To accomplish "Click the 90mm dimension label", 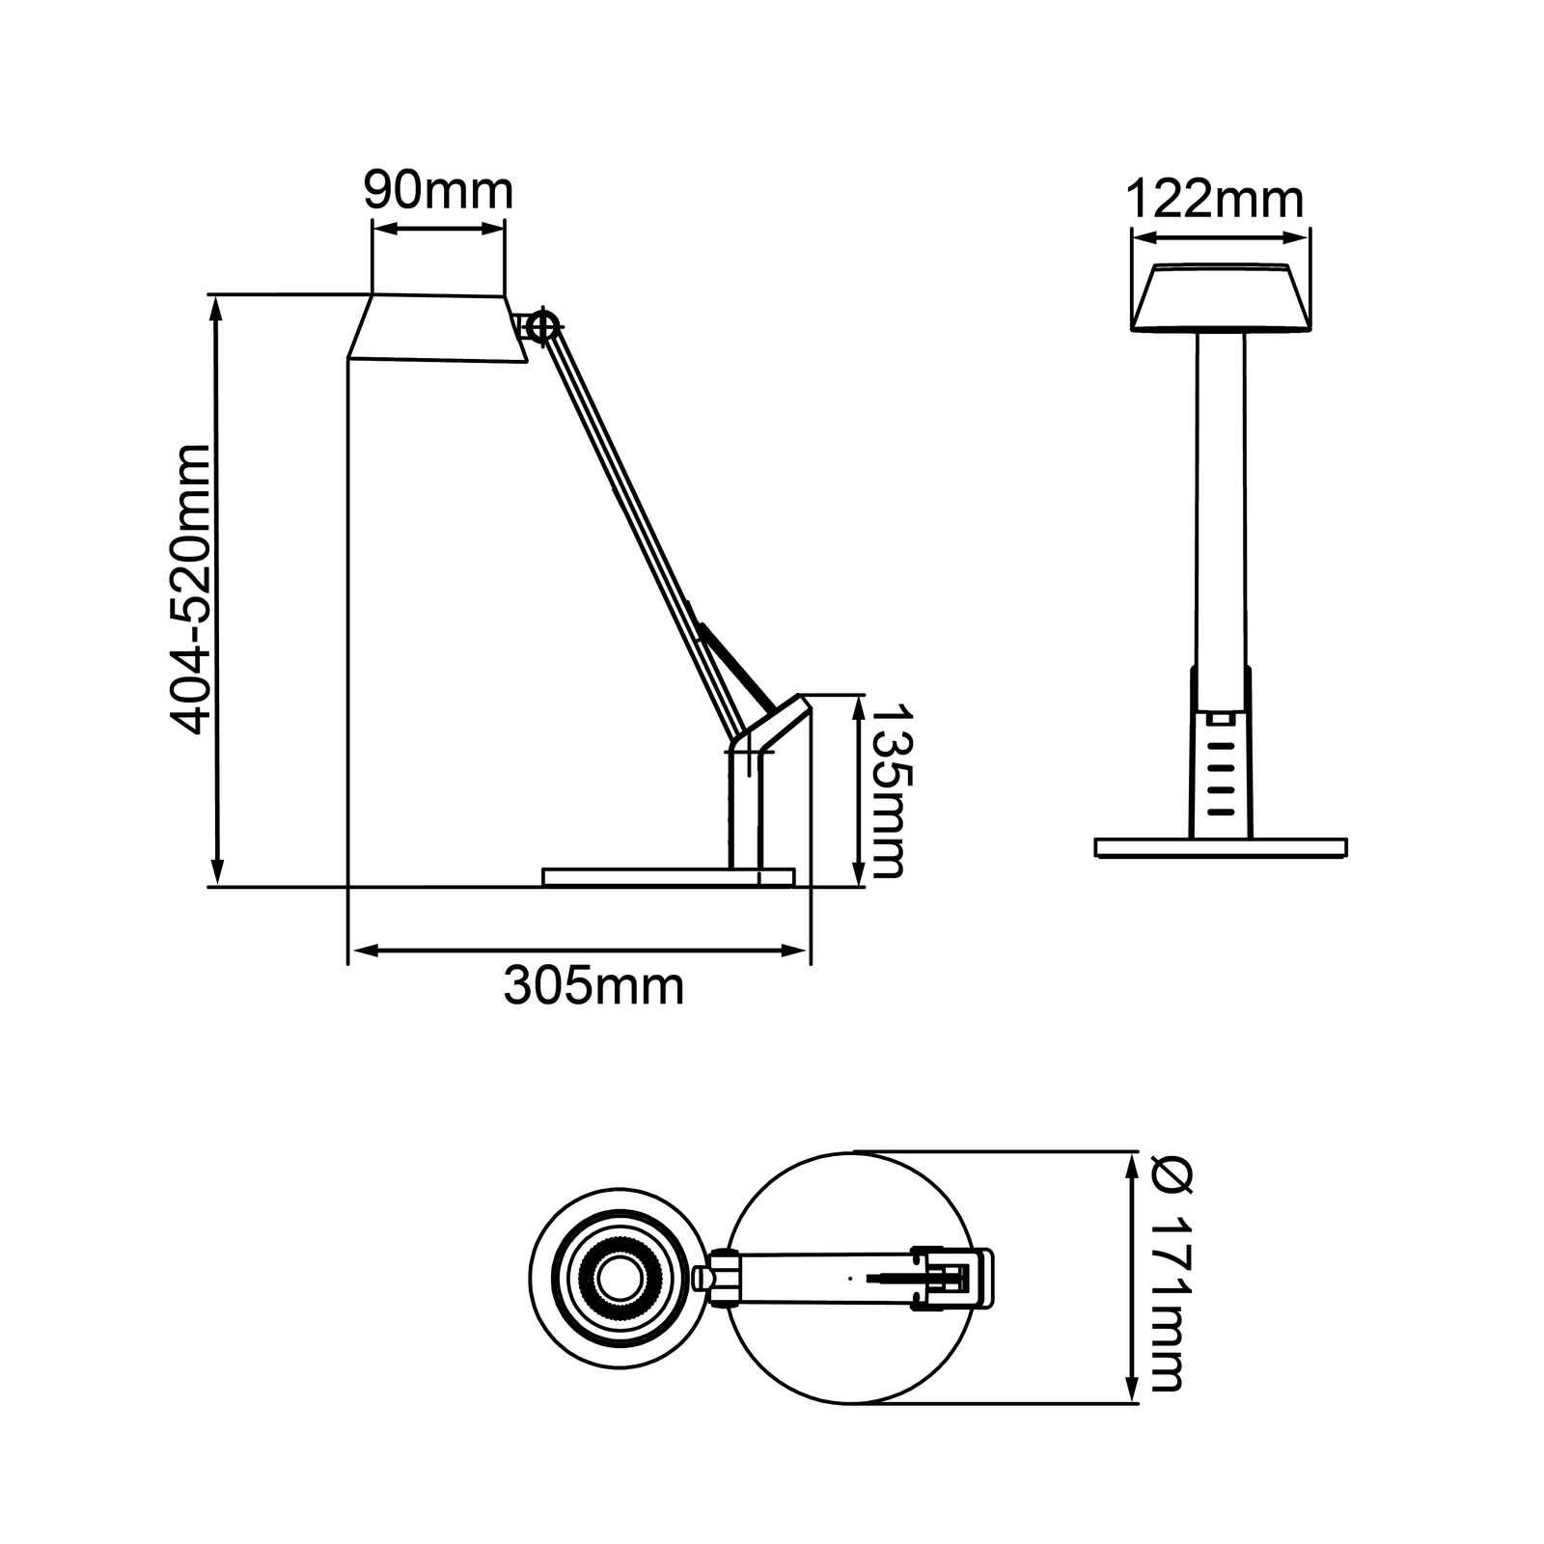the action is pyautogui.click(x=438, y=192).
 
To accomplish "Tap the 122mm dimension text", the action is pyautogui.click(x=1215, y=201).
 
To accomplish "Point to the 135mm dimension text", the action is pyautogui.click(x=888, y=789).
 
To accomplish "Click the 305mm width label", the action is pyautogui.click(x=593, y=986).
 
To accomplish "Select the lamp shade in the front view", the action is pyautogui.click(x=1221, y=297).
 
